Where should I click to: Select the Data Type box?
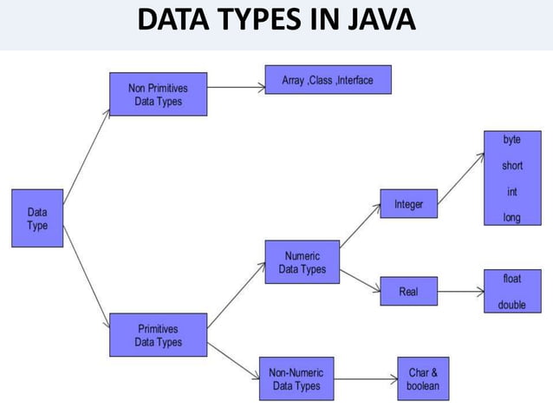tap(37, 218)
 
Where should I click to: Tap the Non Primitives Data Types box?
tap(158, 95)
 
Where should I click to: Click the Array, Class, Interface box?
tap(328, 81)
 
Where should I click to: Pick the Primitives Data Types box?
tap(159, 335)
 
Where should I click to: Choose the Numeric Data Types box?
tap(302, 263)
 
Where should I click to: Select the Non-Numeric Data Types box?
tap(296, 379)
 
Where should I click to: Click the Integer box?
tap(408, 205)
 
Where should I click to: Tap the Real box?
tap(408, 292)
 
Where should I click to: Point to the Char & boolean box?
tap(423, 379)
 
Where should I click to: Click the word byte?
tap(512, 140)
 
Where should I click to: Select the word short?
tap(512, 165)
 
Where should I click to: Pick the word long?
tap(512, 217)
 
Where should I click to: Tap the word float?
tap(512, 279)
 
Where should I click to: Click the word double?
tap(512, 305)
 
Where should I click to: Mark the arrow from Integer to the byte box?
tap(461, 179)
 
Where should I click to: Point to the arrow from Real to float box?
tap(460, 292)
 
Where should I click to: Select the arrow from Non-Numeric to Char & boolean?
tap(365, 379)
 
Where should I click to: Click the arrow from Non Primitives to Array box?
tap(236, 86)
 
